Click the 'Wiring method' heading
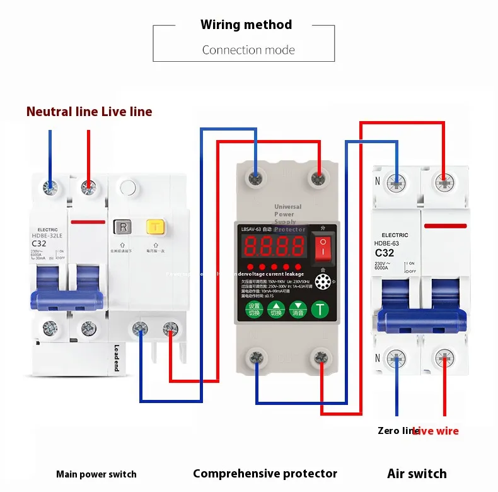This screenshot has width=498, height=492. click(x=246, y=25)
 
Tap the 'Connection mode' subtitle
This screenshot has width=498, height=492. click(x=248, y=50)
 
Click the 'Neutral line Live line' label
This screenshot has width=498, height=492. click(x=89, y=112)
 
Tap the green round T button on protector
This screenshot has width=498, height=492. click(x=321, y=310)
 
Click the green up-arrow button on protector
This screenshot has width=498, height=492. click(x=276, y=310)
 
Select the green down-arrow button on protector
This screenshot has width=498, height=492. click(x=298, y=310)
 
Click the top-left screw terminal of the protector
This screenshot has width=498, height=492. click(x=255, y=178)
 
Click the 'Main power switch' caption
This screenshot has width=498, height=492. click(x=96, y=474)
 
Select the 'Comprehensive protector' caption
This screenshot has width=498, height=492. click(x=265, y=474)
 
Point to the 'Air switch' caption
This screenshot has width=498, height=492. click(x=417, y=474)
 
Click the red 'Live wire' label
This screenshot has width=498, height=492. click(x=436, y=431)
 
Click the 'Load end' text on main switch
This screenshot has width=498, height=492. click(x=117, y=357)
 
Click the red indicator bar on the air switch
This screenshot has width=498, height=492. click(x=445, y=225)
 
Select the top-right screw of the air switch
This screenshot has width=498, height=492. click(x=444, y=184)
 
